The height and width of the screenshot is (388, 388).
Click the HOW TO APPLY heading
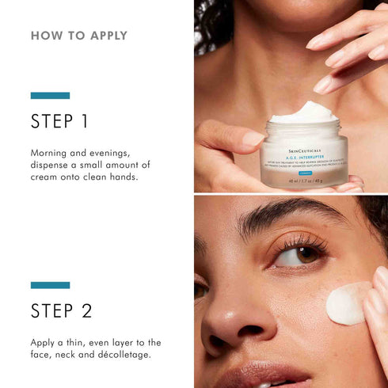[x=78, y=36]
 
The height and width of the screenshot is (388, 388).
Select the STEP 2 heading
[x=62, y=310]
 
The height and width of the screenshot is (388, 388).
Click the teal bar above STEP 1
[x=50, y=96]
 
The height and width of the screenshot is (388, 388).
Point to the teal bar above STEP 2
[x=50, y=285]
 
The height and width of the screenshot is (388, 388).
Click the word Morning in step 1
[x=52, y=152]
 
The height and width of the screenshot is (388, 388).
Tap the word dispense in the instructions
[x=54, y=165]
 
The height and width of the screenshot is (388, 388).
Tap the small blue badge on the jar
[x=305, y=161]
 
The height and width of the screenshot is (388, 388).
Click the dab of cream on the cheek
[x=348, y=302]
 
